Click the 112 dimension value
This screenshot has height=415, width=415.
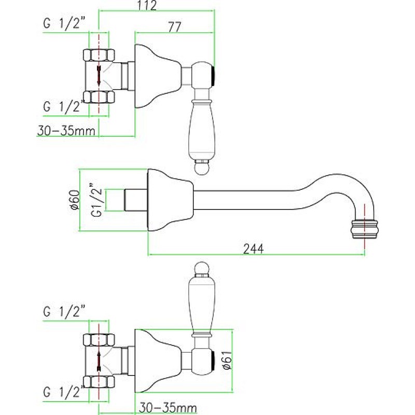click(x=147, y=5)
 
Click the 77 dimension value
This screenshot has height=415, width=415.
click(x=174, y=27)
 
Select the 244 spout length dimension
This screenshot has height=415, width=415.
click(x=253, y=249)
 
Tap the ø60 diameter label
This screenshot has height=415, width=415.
click(x=75, y=200)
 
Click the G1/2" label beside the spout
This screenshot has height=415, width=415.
click(x=98, y=200)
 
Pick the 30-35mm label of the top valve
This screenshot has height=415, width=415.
click(x=66, y=131)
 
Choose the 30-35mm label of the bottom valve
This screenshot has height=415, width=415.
click(x=168, y=408)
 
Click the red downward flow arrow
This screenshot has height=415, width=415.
click(x=99, y=75)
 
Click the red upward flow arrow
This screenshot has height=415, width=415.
click(x=99, y=361)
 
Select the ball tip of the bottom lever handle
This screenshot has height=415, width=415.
click(x=202, y=269)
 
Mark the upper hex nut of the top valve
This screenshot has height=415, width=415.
click(x=99, y=56)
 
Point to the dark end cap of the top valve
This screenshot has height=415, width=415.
click(x=213, y=75)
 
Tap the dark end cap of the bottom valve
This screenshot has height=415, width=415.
click(x=213, y=361)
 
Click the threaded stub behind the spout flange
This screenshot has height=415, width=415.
click(x=136, y=200)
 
